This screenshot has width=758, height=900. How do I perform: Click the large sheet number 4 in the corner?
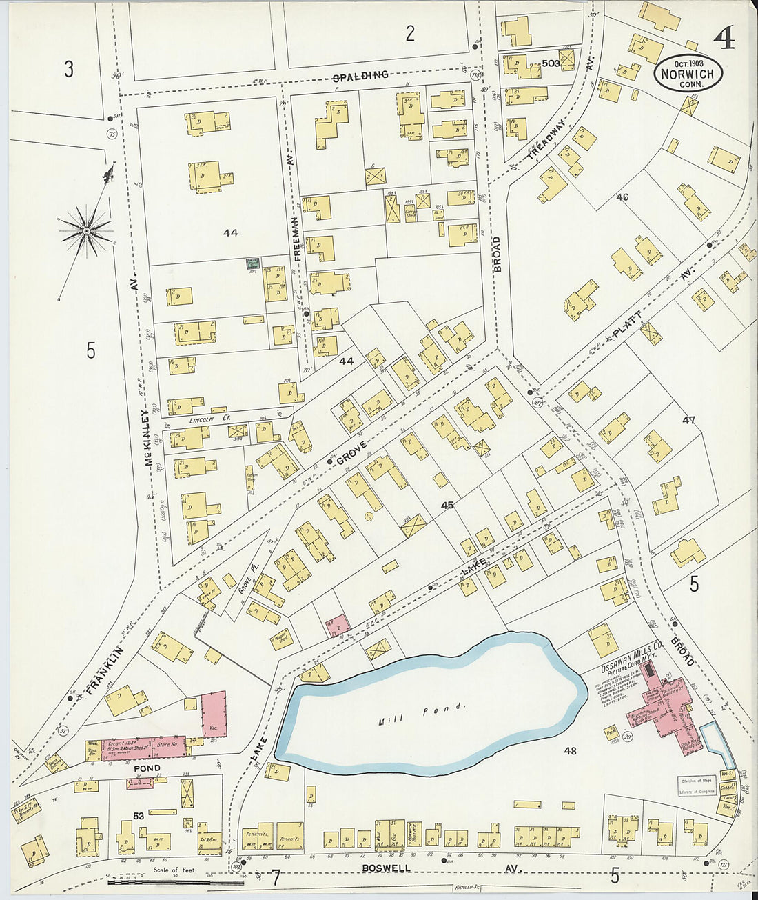click(x=724, y=38)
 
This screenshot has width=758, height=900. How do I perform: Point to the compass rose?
click(x=88, y=232)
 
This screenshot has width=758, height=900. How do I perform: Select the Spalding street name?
click(x=360, y=75)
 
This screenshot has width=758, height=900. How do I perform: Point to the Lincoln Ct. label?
click(x=210, y=419)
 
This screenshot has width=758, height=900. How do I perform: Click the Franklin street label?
click(x=104, y=669)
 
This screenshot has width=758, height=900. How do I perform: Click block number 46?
click(x=622, y=197)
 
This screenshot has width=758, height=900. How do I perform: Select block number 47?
click(x=689, y=420)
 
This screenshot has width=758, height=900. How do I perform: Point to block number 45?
click(x=447, y=506)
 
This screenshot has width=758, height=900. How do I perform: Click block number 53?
click(x=139, y=817)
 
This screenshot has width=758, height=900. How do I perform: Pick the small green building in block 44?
click(x=253, y=263)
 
